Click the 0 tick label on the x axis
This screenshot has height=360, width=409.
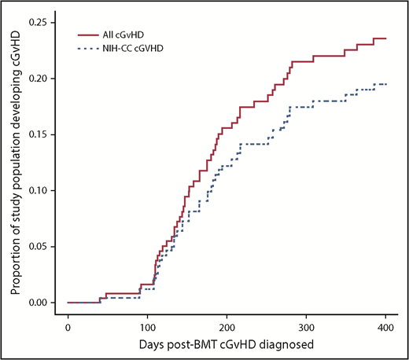[68, 326]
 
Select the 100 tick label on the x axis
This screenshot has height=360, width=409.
[148, 326]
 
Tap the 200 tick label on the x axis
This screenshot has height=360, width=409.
[227, 326]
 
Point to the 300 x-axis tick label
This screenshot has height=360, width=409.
[307, 326]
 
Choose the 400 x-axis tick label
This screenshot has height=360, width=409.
[386, 326]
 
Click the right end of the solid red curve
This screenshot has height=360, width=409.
[386, 39]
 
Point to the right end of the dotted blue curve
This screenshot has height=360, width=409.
[386, 84]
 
